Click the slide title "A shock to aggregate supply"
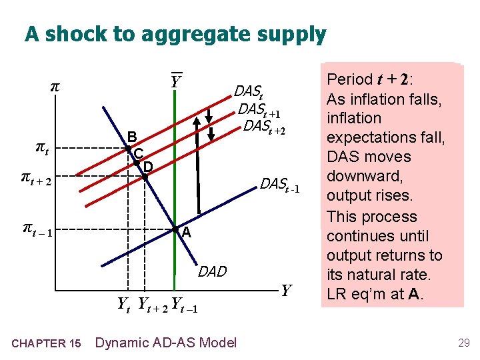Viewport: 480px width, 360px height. click(x=175, y=34)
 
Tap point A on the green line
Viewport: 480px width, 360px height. click(x=173, y=230)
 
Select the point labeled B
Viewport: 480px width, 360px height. click(x=128, y=148)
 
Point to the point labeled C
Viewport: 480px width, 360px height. click(x=136, y=163)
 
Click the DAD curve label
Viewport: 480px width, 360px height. click(x=213, y=271)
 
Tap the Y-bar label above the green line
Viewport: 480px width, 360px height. click(x=175, y=82)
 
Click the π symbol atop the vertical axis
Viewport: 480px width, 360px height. click(x=55, y=87)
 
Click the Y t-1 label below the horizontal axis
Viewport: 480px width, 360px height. click(x=184, y=305)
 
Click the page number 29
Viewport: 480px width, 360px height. click(x=463, y=343)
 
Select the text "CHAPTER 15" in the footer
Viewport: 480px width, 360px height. click(x=47, y=343)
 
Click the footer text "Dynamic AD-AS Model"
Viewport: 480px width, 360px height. click(x=165, y=343)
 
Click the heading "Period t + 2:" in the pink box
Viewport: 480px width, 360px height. click(x=369, y=79)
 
